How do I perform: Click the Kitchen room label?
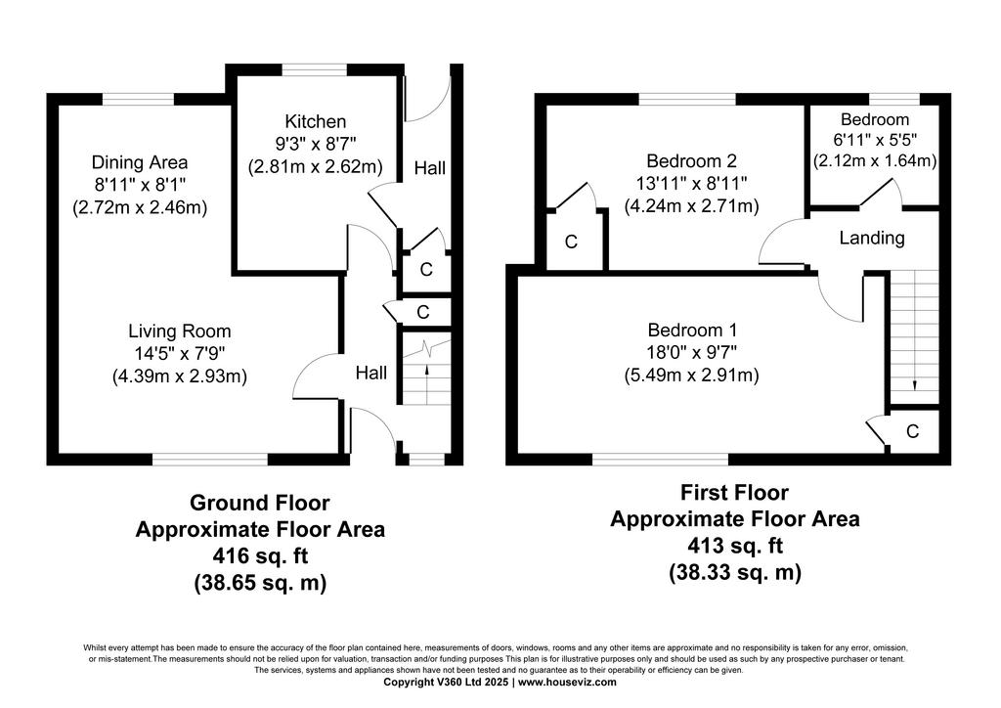pos(316,121)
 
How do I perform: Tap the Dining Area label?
pos(140,162)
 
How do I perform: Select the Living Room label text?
pos(180,331)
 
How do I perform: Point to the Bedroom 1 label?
pos(692,331)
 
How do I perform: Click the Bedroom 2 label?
pos(692,161)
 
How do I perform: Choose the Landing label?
pos(872,239)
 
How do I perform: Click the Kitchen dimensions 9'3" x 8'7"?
pos(316,144)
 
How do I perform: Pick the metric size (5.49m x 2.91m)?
pos(692,375)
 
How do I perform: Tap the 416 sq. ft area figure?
pos(260,556)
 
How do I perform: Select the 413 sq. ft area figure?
pos(735,546)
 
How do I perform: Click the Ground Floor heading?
pos(260,503)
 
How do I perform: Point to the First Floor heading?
pos(734,493)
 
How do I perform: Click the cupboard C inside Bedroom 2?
pos(571,242)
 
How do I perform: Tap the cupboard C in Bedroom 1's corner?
pos(913,431)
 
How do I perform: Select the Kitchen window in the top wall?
pos(316,69)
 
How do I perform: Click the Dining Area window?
pos(138,99)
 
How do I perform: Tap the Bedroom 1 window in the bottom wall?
pos(660,459)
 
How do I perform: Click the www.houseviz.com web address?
pos(568,682)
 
